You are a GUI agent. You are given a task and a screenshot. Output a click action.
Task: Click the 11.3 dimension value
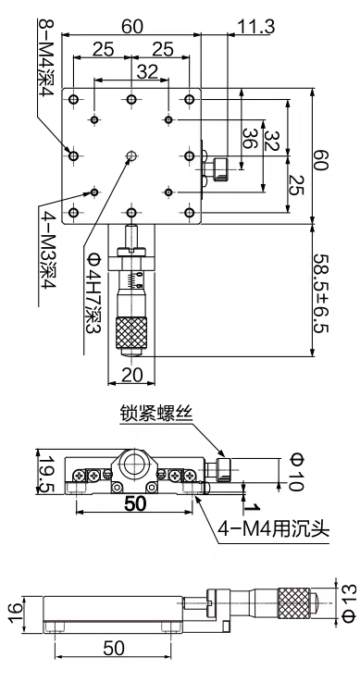point(256,27)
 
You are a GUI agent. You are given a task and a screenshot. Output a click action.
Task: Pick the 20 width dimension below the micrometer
point(132,375)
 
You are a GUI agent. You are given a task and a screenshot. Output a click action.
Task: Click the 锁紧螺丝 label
point(155,414)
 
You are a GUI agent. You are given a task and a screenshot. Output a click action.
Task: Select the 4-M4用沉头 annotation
point(274,529)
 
